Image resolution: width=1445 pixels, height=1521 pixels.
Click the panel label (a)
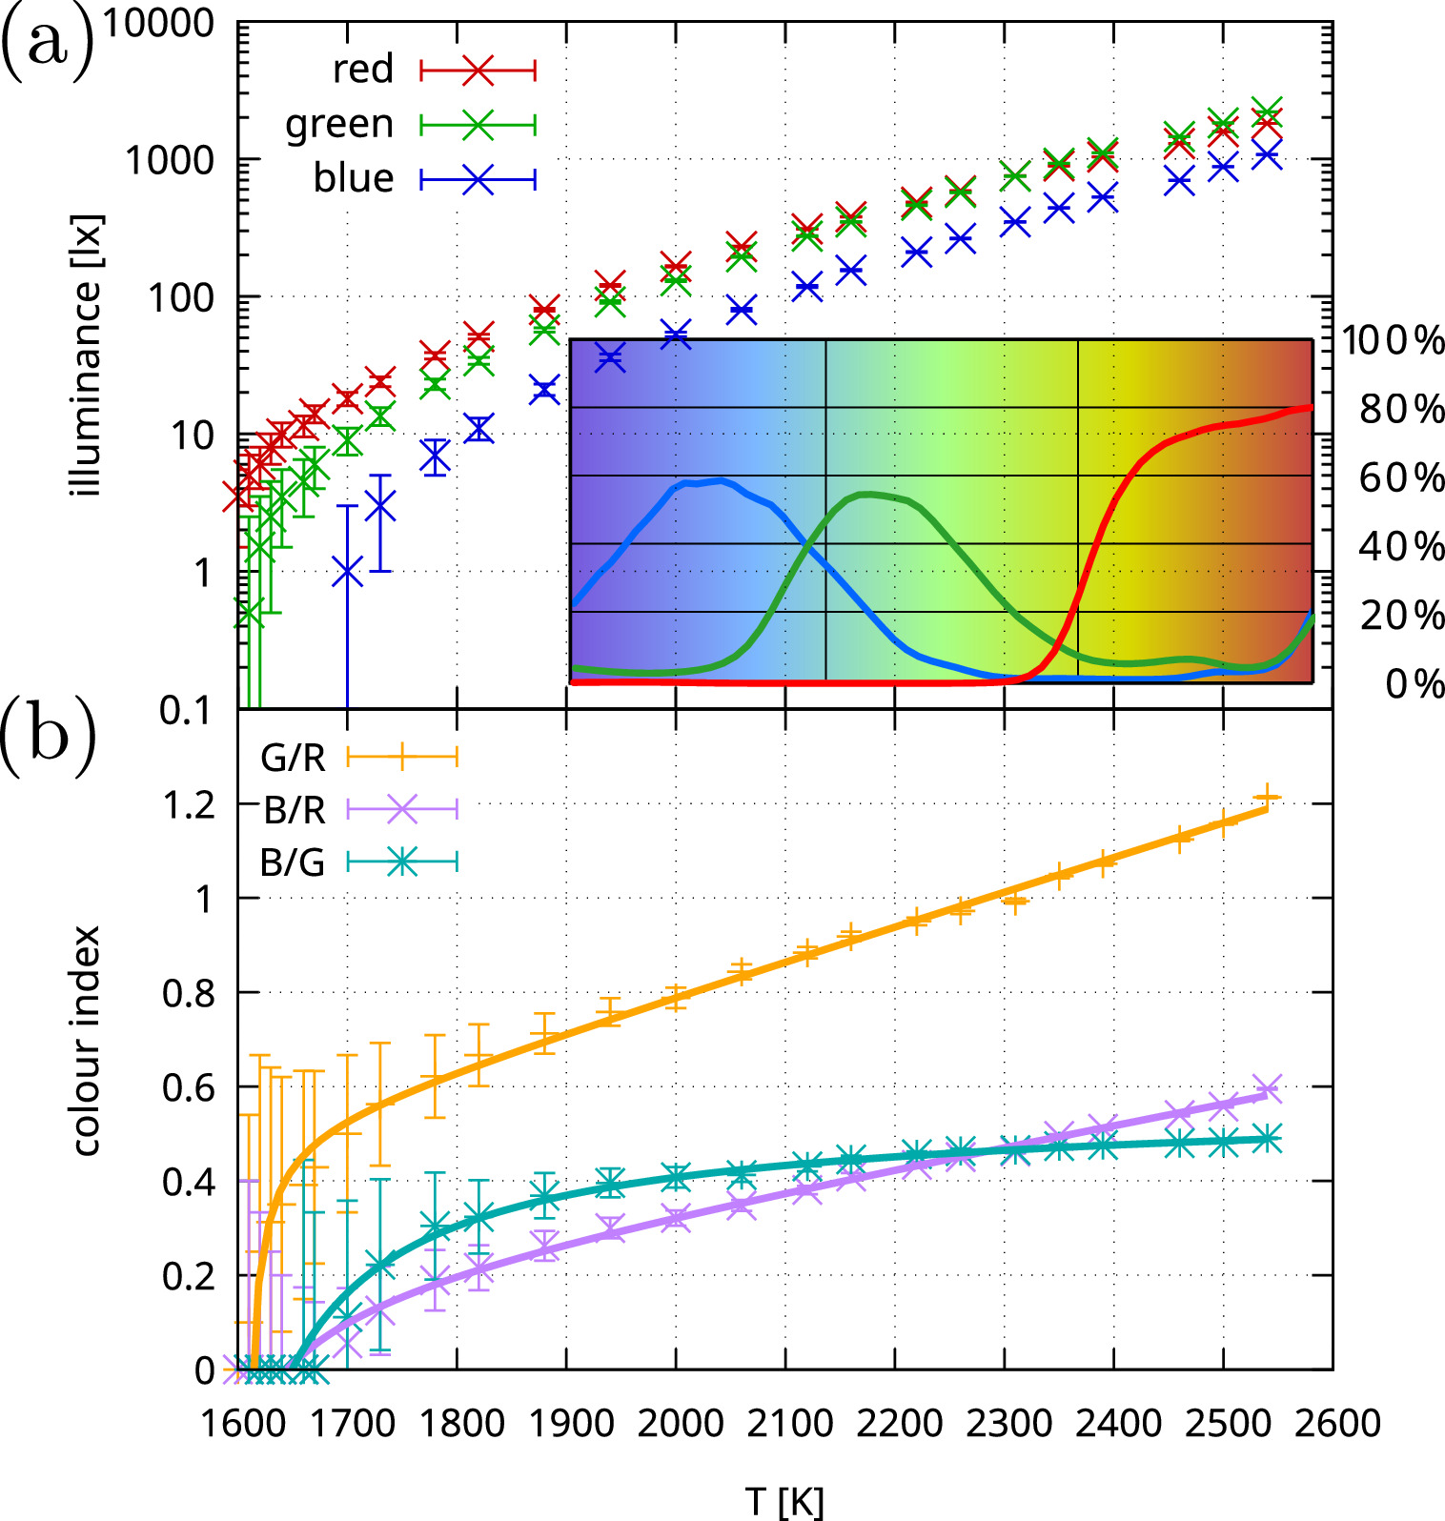pyautogui.click(x=48, y=44)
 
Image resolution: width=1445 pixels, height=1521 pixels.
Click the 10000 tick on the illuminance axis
pyautogui.click(x=158, y=23)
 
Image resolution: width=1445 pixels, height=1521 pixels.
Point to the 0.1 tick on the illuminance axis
pyautogui.click(x=186, y=710)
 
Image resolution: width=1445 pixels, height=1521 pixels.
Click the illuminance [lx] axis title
pyautogui.click(x=86, y=355)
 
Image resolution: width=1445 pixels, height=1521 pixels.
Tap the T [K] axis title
pyautogui.click(x=784, y=1501)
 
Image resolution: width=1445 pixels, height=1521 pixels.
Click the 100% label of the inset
pyautogui.click(x=1393, y=340)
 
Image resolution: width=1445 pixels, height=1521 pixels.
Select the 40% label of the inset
pyautogui.click(x=1401, y=546)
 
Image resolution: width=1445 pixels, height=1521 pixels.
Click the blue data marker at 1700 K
pyautogui.click(x=347, y=573)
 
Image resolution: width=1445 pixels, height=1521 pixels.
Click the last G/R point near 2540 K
pyautogui.click(x=1267, y=797)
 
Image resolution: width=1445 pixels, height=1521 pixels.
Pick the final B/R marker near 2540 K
pyautogui.click(x=1267, y=1087)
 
